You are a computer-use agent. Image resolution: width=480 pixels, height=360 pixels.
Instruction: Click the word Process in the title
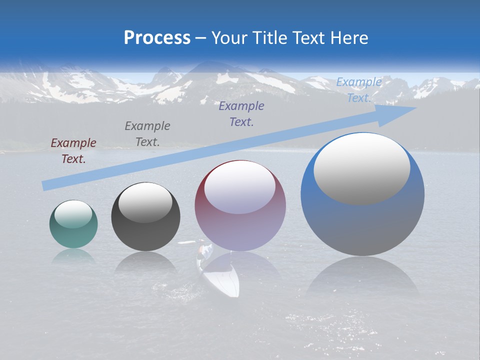click(157, 38)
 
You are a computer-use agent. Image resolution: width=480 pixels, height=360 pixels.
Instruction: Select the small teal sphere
click(73, 224)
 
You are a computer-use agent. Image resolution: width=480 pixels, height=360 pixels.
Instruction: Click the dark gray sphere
click(145, 217)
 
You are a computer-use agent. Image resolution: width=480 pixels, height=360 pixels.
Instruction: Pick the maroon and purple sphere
click(240, 206)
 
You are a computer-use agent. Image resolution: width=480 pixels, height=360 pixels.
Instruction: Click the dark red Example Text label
click(73, 151)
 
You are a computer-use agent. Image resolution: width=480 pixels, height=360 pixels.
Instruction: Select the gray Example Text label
click(147, 133)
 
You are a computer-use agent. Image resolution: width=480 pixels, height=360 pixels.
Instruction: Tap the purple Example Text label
click(241, 113)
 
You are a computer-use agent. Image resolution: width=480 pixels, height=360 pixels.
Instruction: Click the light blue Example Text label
click(358, 90)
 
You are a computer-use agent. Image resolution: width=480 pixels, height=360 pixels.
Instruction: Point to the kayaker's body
click(202, 251)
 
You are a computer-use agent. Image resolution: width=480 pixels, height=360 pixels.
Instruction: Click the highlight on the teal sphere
click(73, 214)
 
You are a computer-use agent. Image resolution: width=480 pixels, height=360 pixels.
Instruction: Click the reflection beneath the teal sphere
click(73, 256)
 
